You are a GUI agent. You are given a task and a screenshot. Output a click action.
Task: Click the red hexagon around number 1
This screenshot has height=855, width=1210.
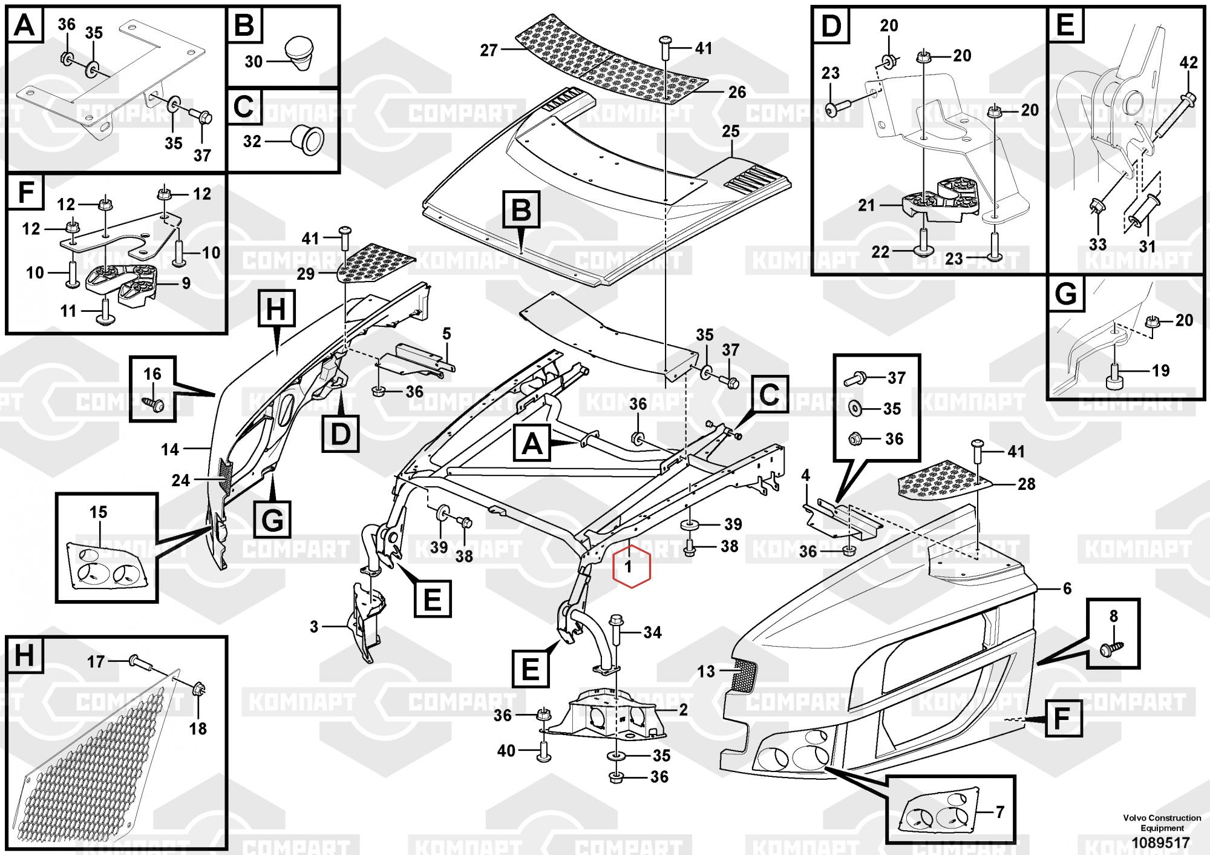631,567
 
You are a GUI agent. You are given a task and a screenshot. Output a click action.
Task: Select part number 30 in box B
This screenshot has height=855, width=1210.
253,62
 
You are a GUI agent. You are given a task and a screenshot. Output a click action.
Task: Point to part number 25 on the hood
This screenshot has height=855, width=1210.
731,131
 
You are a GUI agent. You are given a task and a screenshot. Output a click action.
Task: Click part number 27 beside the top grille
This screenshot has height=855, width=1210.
489,50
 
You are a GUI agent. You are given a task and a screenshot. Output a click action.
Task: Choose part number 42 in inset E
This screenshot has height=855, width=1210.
1188,63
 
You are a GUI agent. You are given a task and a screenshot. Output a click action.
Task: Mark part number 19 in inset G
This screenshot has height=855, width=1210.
1160,371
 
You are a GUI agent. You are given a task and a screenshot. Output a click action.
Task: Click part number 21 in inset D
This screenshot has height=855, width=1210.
866,206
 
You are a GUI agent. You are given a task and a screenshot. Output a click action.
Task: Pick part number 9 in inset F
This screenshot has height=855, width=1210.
186,283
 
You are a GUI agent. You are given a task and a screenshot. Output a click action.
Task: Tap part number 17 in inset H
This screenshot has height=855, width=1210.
96,662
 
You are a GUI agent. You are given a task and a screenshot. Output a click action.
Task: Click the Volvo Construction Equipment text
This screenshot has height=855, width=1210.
1162,822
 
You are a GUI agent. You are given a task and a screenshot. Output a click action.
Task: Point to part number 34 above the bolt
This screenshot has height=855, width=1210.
652,633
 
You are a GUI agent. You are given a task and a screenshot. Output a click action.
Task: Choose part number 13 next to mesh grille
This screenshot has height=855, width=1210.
706,671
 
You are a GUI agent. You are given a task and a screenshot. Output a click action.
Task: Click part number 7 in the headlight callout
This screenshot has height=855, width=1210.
999,812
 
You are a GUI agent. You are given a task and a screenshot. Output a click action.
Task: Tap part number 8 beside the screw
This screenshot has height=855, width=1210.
1113,616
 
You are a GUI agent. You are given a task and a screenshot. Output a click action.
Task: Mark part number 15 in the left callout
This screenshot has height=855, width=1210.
98,512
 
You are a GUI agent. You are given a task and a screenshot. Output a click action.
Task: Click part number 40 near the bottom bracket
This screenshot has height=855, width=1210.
506,751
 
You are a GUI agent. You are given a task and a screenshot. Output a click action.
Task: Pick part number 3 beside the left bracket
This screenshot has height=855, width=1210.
314,627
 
